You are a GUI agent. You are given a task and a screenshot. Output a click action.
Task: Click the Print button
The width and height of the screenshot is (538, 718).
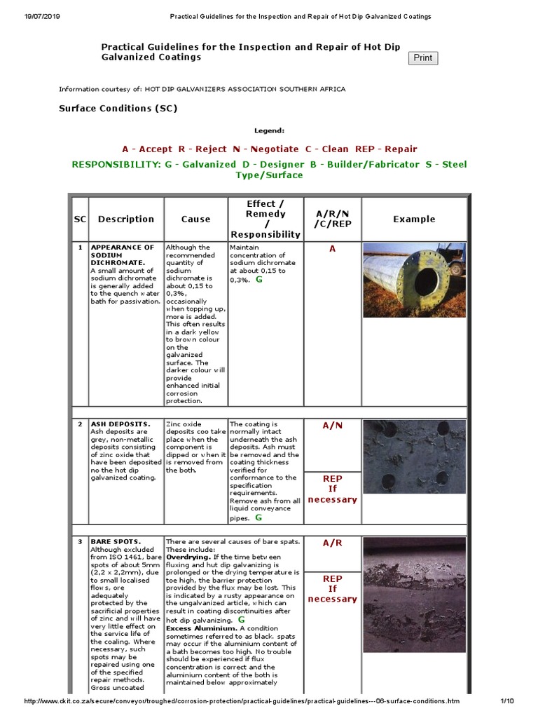[422, 58]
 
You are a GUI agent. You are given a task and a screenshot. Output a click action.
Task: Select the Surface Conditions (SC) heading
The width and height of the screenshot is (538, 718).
[118, 109]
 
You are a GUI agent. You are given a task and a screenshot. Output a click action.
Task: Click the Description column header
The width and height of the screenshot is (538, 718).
[126, 219]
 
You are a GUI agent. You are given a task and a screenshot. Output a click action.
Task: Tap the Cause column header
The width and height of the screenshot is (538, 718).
[195, 219]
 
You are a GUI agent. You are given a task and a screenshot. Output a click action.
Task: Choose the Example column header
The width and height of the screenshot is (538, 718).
[414, 219]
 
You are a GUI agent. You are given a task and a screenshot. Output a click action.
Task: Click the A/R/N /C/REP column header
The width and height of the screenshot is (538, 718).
[332, 219]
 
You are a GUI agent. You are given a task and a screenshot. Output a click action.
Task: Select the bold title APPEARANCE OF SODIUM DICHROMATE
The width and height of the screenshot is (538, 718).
[123, 255]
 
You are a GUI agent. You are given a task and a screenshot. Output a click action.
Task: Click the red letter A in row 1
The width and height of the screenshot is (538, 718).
[332, 249]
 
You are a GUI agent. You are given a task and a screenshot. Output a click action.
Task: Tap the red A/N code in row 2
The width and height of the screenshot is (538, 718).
[332, 425]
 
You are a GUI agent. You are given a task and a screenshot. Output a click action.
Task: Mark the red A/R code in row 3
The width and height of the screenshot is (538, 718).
[332, 543]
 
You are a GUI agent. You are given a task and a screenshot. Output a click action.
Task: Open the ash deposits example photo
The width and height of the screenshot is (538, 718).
[414, 456]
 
